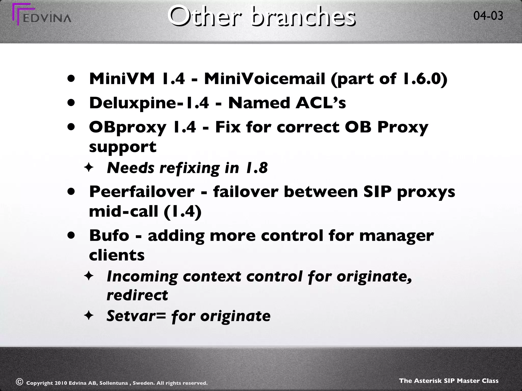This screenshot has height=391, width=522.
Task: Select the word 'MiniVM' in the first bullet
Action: pyautogui.click(x=122, y=79)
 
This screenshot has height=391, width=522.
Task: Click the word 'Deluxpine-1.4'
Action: pyautogui.click(x=149, y=103)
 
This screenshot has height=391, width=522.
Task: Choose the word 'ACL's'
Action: pyautogui.click(x=320, y=103)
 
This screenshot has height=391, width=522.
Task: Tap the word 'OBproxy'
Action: pyautogui.click(x=127, y=127)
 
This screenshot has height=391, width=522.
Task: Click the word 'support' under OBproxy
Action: pyautogui.click(x=123, y=147)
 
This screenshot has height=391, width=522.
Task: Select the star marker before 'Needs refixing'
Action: pyautogui.click(x=89, y=168)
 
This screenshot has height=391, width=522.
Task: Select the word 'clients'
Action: pyautogui.click(x=117, y=255)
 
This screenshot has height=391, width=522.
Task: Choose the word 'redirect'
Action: pyautogui.click(x=137, y=295)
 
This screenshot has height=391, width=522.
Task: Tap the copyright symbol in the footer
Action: pyautogui.click(x=19, y=382)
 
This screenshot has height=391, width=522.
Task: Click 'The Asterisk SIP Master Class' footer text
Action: pyautogui.click(x=449, y=381)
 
